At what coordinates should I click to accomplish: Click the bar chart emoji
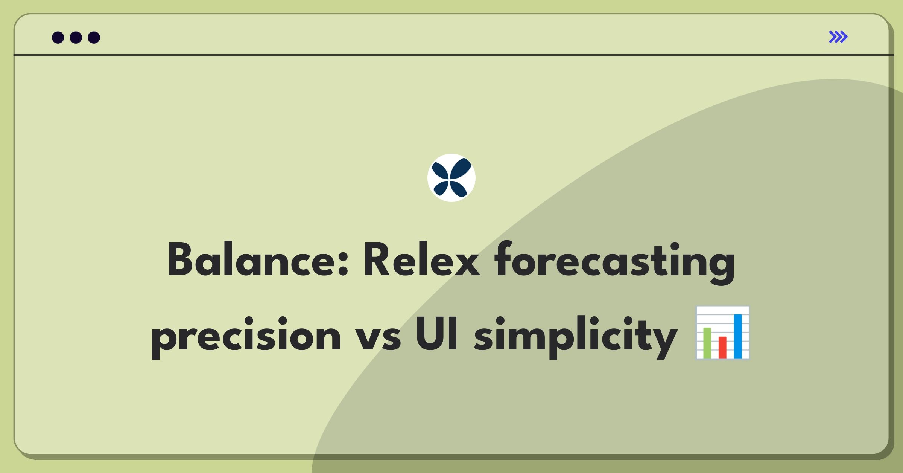pyautogui.click(x=722, y=333)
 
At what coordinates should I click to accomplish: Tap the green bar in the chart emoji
pyautogui.click(x=707, y=343)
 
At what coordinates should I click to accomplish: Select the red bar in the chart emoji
pyautogui.click(x=722, y=347)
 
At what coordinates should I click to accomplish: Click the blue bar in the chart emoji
pyautogui.click(x=738, y=336)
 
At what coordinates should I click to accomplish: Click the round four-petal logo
pyautogui.click(x=451, y=178)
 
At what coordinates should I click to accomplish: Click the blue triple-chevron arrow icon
pyautogui.click(x=838, y=37)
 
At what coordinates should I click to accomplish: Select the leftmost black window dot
pyautogui.click(x=58, y=38)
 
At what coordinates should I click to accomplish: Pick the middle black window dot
pyautogui.click(x=76, y=38)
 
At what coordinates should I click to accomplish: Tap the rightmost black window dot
pyautogui.click(x=94, y=38)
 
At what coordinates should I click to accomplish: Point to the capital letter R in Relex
pyautogui.click(x=377, y=260)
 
